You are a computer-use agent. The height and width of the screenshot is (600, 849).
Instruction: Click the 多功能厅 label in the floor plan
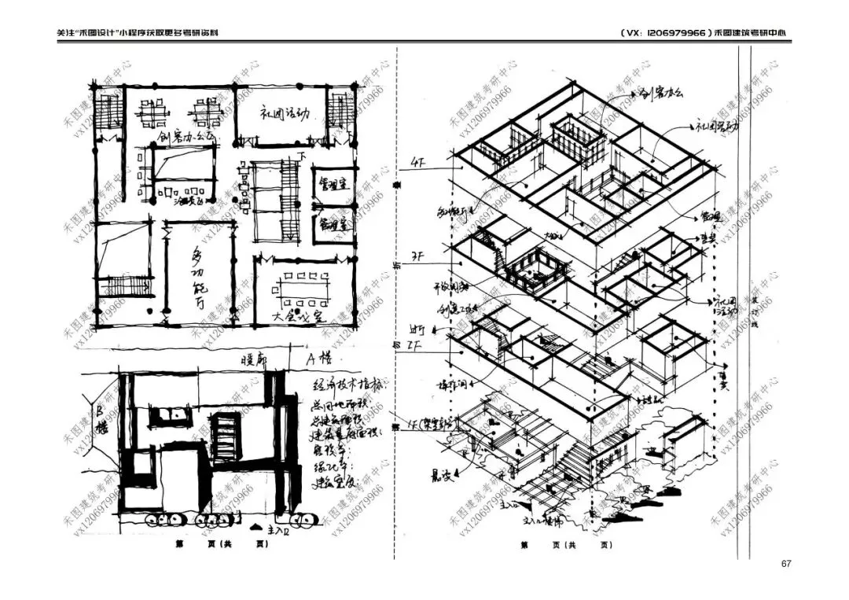coord(202,279)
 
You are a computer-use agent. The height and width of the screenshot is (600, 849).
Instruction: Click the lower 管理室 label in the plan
coord(333,223)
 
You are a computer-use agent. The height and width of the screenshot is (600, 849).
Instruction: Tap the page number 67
coord(785,564)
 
